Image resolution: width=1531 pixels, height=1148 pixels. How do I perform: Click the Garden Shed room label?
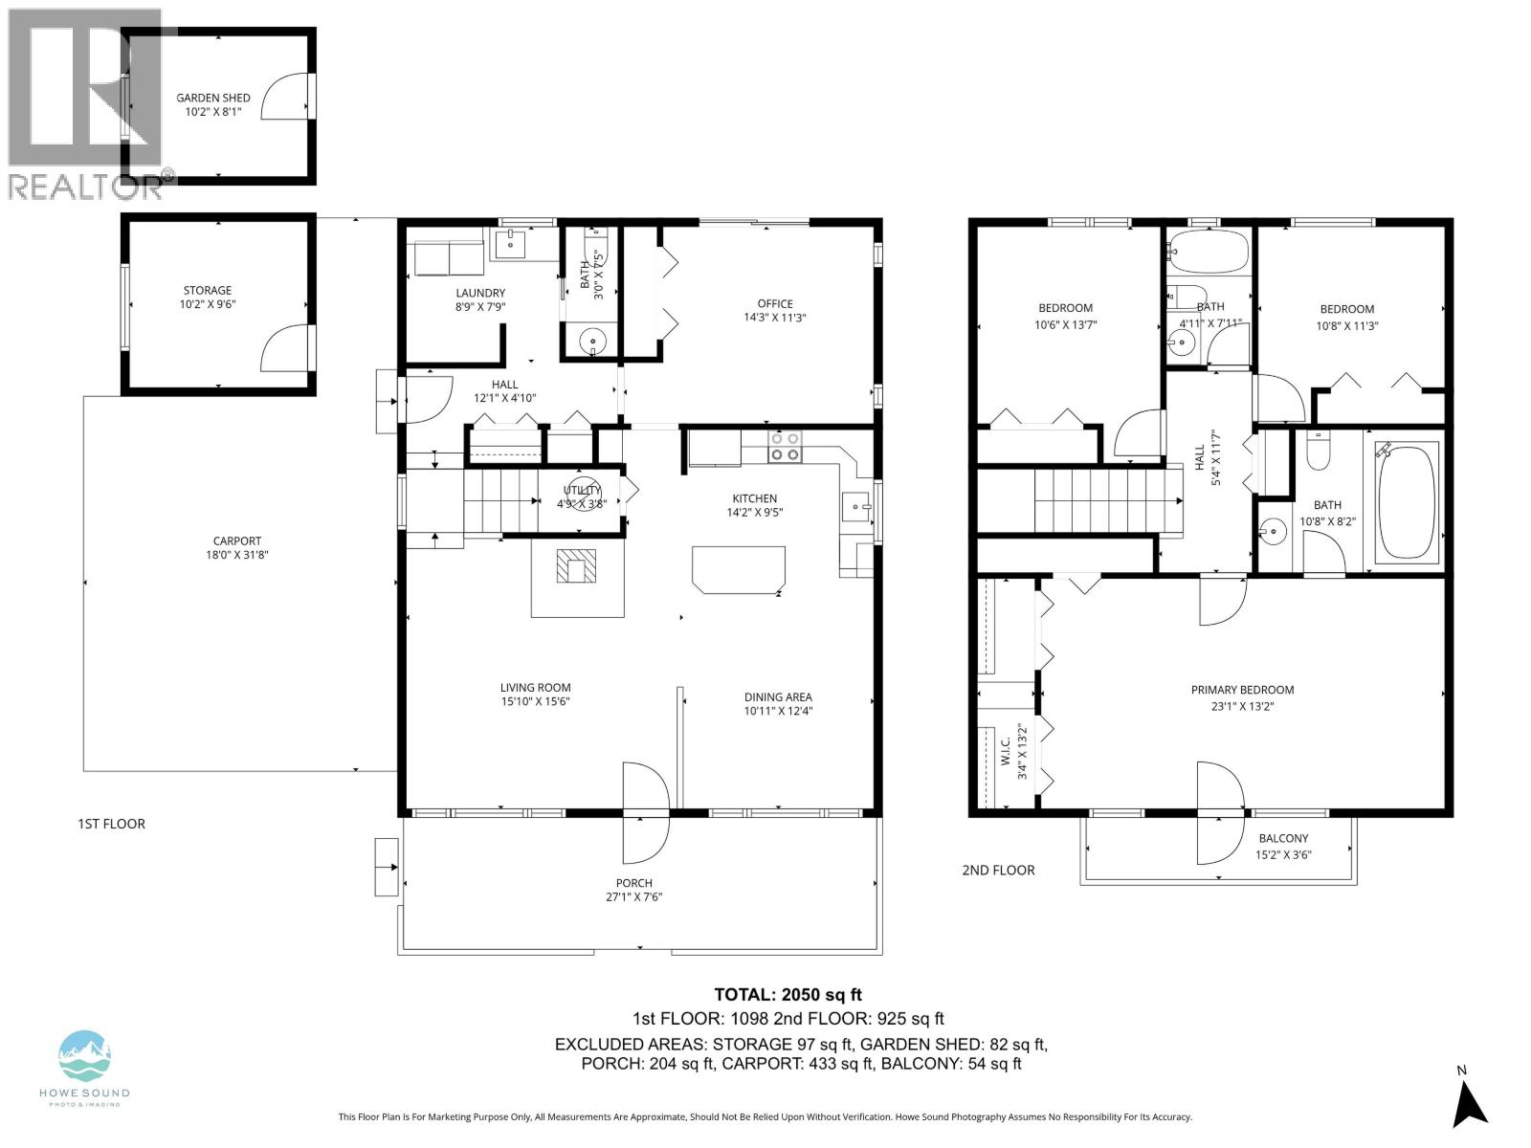213,98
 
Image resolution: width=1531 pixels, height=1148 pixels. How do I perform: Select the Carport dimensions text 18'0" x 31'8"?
236,555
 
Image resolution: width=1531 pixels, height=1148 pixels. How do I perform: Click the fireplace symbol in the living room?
577,566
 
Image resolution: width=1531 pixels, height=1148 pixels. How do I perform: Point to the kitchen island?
739,569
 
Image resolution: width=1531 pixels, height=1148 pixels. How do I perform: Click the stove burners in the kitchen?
785,447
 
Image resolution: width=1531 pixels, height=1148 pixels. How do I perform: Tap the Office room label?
775,304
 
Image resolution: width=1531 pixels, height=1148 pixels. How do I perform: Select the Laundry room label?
480,293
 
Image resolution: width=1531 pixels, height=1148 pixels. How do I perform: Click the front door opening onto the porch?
645,811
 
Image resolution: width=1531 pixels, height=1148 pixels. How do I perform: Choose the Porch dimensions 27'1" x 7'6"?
633,897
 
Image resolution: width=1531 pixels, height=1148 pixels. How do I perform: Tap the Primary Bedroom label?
1242,690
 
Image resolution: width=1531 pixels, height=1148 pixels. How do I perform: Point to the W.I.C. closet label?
1006,741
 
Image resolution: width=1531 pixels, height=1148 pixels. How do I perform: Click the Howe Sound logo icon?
84,1056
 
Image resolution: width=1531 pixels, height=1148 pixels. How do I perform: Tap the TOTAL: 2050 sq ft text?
788,995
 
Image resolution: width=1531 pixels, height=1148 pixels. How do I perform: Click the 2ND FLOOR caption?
998,871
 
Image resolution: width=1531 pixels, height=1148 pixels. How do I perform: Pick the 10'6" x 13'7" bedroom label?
1065,308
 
